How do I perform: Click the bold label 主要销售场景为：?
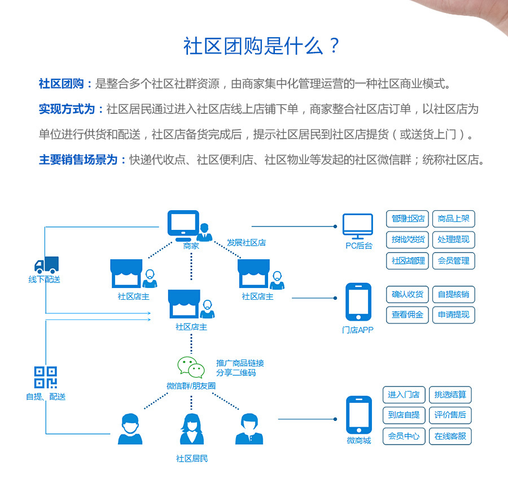[83, 160]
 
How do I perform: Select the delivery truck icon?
[47, 265]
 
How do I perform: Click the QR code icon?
[46, 378]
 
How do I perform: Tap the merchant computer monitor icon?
[183, 225]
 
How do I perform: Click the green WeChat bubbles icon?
[191, 367]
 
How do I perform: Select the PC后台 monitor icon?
[358, 227]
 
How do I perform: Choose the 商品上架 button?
[453, 219]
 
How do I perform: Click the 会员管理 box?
[453, 260]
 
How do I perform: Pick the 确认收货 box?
[407, 294]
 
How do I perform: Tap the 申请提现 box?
[453, 314]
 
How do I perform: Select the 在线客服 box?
[450, 436]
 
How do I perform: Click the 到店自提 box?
[404, 415]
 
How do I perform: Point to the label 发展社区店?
[246, 243]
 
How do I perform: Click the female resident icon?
[191, 429]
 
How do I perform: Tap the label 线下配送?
[44, 280]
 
